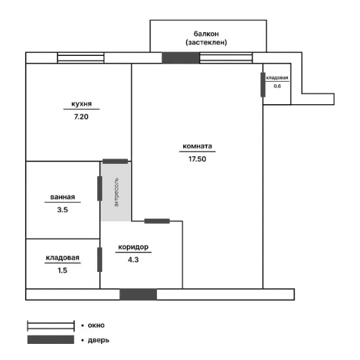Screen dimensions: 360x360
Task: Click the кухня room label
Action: tap(82, 104)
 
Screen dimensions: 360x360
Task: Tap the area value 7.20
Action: tap(81, 116)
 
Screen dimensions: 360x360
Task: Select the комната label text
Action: tap(197, 146)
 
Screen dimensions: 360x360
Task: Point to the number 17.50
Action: tap(197, 159)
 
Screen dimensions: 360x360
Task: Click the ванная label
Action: tap(62, 197)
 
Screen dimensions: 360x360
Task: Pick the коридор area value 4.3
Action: tap(133, 260)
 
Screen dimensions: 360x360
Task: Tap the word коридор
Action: tap(133, 247)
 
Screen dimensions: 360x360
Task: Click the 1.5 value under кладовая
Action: tap(62, 270)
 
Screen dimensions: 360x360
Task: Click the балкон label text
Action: tap(206, 33)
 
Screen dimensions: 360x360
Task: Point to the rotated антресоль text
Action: tap(116, 192)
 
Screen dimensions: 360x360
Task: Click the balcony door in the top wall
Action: tap(181, 58)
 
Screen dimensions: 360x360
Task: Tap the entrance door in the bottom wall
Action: tap(138, 294)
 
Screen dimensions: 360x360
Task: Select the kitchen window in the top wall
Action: tap(80, 58)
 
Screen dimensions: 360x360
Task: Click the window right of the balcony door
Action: tap(226, 58)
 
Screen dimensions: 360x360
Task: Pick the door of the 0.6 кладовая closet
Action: tap(263, 85)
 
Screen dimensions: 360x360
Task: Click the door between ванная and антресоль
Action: tap(100, 188)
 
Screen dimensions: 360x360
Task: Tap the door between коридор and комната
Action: tap(157, 221)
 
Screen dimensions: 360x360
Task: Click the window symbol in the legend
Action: tap(51, 326)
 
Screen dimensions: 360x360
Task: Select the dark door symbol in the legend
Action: tap(51, 339)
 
